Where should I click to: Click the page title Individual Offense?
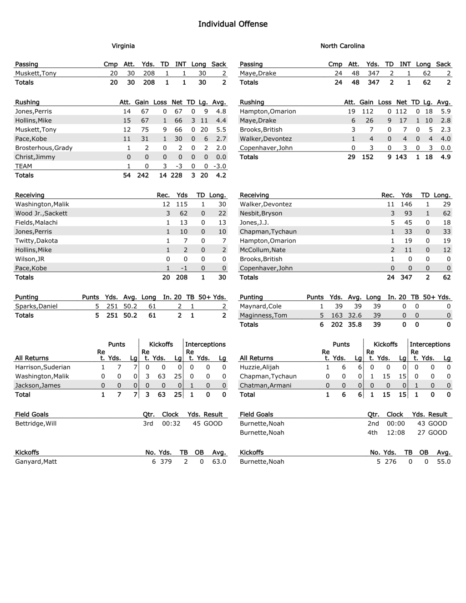click(233, 24)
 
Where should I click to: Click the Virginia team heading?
click(123, 46)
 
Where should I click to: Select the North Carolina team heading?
click(342, 46)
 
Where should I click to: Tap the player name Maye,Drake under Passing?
click(258, 73)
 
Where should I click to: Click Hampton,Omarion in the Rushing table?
click(268, 111)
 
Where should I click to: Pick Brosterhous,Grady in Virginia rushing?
click(44, 148)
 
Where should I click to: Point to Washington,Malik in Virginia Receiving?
click(42, 204)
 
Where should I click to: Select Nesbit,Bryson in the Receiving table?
click(261, 213)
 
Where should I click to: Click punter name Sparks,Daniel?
click(36, 306)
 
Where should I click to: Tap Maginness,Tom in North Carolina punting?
click(263, 315)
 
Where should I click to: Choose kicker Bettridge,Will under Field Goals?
click(36, 424)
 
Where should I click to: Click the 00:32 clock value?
click(171, 424)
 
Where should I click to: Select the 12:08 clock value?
click(395, 433)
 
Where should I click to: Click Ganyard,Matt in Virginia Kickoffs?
click(36, 462)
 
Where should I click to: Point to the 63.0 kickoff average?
click(219, 462)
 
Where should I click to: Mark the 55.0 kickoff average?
click(444, 462)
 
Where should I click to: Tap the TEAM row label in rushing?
click(24, 166)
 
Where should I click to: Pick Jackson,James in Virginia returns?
click(38, 385)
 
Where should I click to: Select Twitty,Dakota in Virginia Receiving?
click(36, 241)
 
